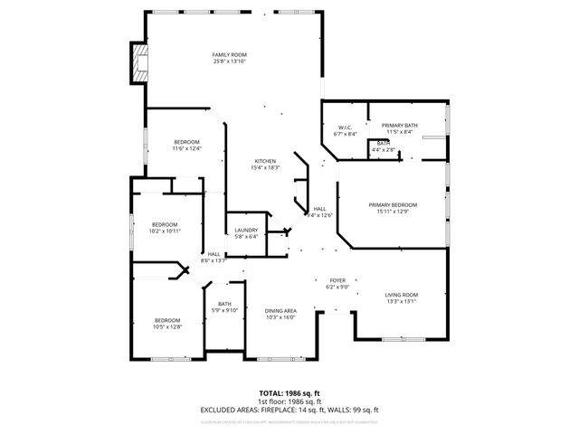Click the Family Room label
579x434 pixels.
[x=230, y=55]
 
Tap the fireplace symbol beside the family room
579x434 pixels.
[x=138, y=64]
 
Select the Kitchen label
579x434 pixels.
[x=264, y=161]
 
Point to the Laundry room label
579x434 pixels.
[x=246, y=231]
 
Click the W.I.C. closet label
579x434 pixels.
[x=346, y=127]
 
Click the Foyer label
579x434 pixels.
[x=337, y=281]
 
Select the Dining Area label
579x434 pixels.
[x=281, y=310]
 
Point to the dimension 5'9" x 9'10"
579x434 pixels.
[x=224, y=310]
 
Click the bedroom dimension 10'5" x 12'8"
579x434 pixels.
[x=167, y=326]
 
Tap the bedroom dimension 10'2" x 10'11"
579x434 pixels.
[x=165, y=231]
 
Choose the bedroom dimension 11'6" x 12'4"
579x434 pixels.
[x=186, y=149]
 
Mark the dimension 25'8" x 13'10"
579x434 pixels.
[x=230, y=61]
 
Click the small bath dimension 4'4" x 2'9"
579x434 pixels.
[x=384, y=149]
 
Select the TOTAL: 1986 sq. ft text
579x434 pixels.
[x=289, y=393]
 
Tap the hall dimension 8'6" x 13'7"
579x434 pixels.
[x=214, y=260]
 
